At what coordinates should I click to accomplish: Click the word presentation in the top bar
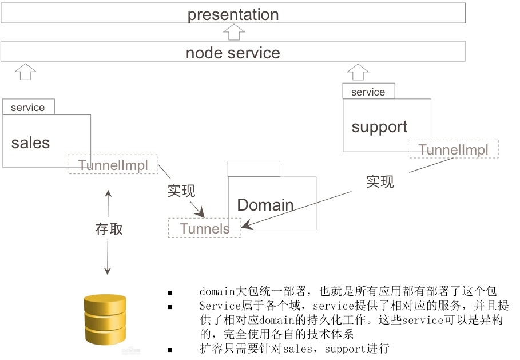click(x=233, y=14)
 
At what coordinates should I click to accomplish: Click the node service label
click(x=233, y=53)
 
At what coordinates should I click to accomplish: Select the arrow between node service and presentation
click(x=233, y=32)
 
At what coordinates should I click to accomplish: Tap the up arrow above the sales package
click(x=25, y=72)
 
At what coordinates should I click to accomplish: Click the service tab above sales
click(x=28, y=107)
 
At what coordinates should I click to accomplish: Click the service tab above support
click(x=368, y=92)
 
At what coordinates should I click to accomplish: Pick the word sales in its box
click(x=31, y=143)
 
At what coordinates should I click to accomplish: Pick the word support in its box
click(x=379, y=127)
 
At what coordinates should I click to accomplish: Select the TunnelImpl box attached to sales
click(x=113, y=165)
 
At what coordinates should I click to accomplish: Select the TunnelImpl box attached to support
click(x=453, y=149)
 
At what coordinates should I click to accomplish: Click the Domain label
click(x=265, y=205)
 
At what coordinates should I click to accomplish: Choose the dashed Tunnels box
click(x=204, y=228)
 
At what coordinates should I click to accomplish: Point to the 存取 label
click(x=109, y=229)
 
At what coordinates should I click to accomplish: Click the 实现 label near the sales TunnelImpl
click(x=181, y=191)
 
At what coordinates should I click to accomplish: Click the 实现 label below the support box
click(x=380, y=181)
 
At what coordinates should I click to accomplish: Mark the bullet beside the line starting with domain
click(x=169, y=292)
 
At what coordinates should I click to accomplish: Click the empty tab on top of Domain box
click(x=253, y=169)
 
